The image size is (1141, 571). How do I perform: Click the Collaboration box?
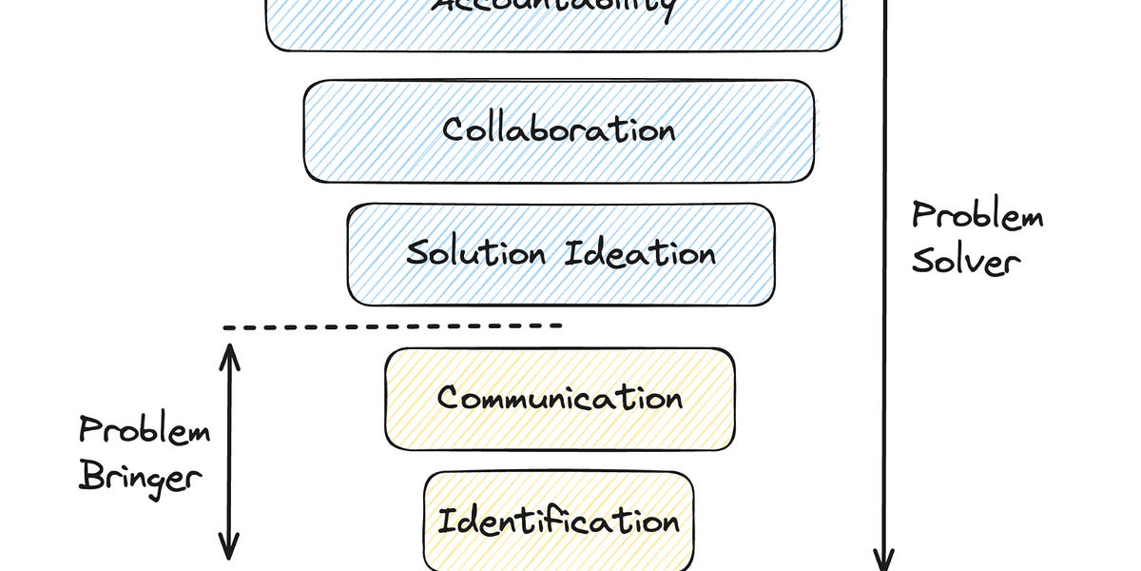tap(559, 131)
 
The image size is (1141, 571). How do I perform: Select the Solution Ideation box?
tap(561, 254)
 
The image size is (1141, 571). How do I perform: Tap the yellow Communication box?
tap(559, 398)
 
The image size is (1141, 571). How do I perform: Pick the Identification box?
tap(559, 521)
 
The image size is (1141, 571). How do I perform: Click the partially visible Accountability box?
tap(553, 24)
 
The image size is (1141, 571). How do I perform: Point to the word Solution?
tap(475, 254)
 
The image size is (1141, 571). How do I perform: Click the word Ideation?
tap(640, 254)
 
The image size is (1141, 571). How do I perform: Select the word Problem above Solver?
tap(977, 217)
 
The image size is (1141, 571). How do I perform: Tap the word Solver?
tap(966, 261)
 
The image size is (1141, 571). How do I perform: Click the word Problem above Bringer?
tap(145, 431)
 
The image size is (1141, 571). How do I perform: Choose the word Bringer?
tap(141, 475)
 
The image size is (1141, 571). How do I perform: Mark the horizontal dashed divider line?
tap(393, 326)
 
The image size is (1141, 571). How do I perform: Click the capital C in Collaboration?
tap(454, 129)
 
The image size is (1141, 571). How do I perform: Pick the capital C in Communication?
tap(449, 398)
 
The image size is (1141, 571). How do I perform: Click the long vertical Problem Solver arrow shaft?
tap(885, 285)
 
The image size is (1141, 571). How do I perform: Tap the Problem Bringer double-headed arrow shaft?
tap(229, 451)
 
